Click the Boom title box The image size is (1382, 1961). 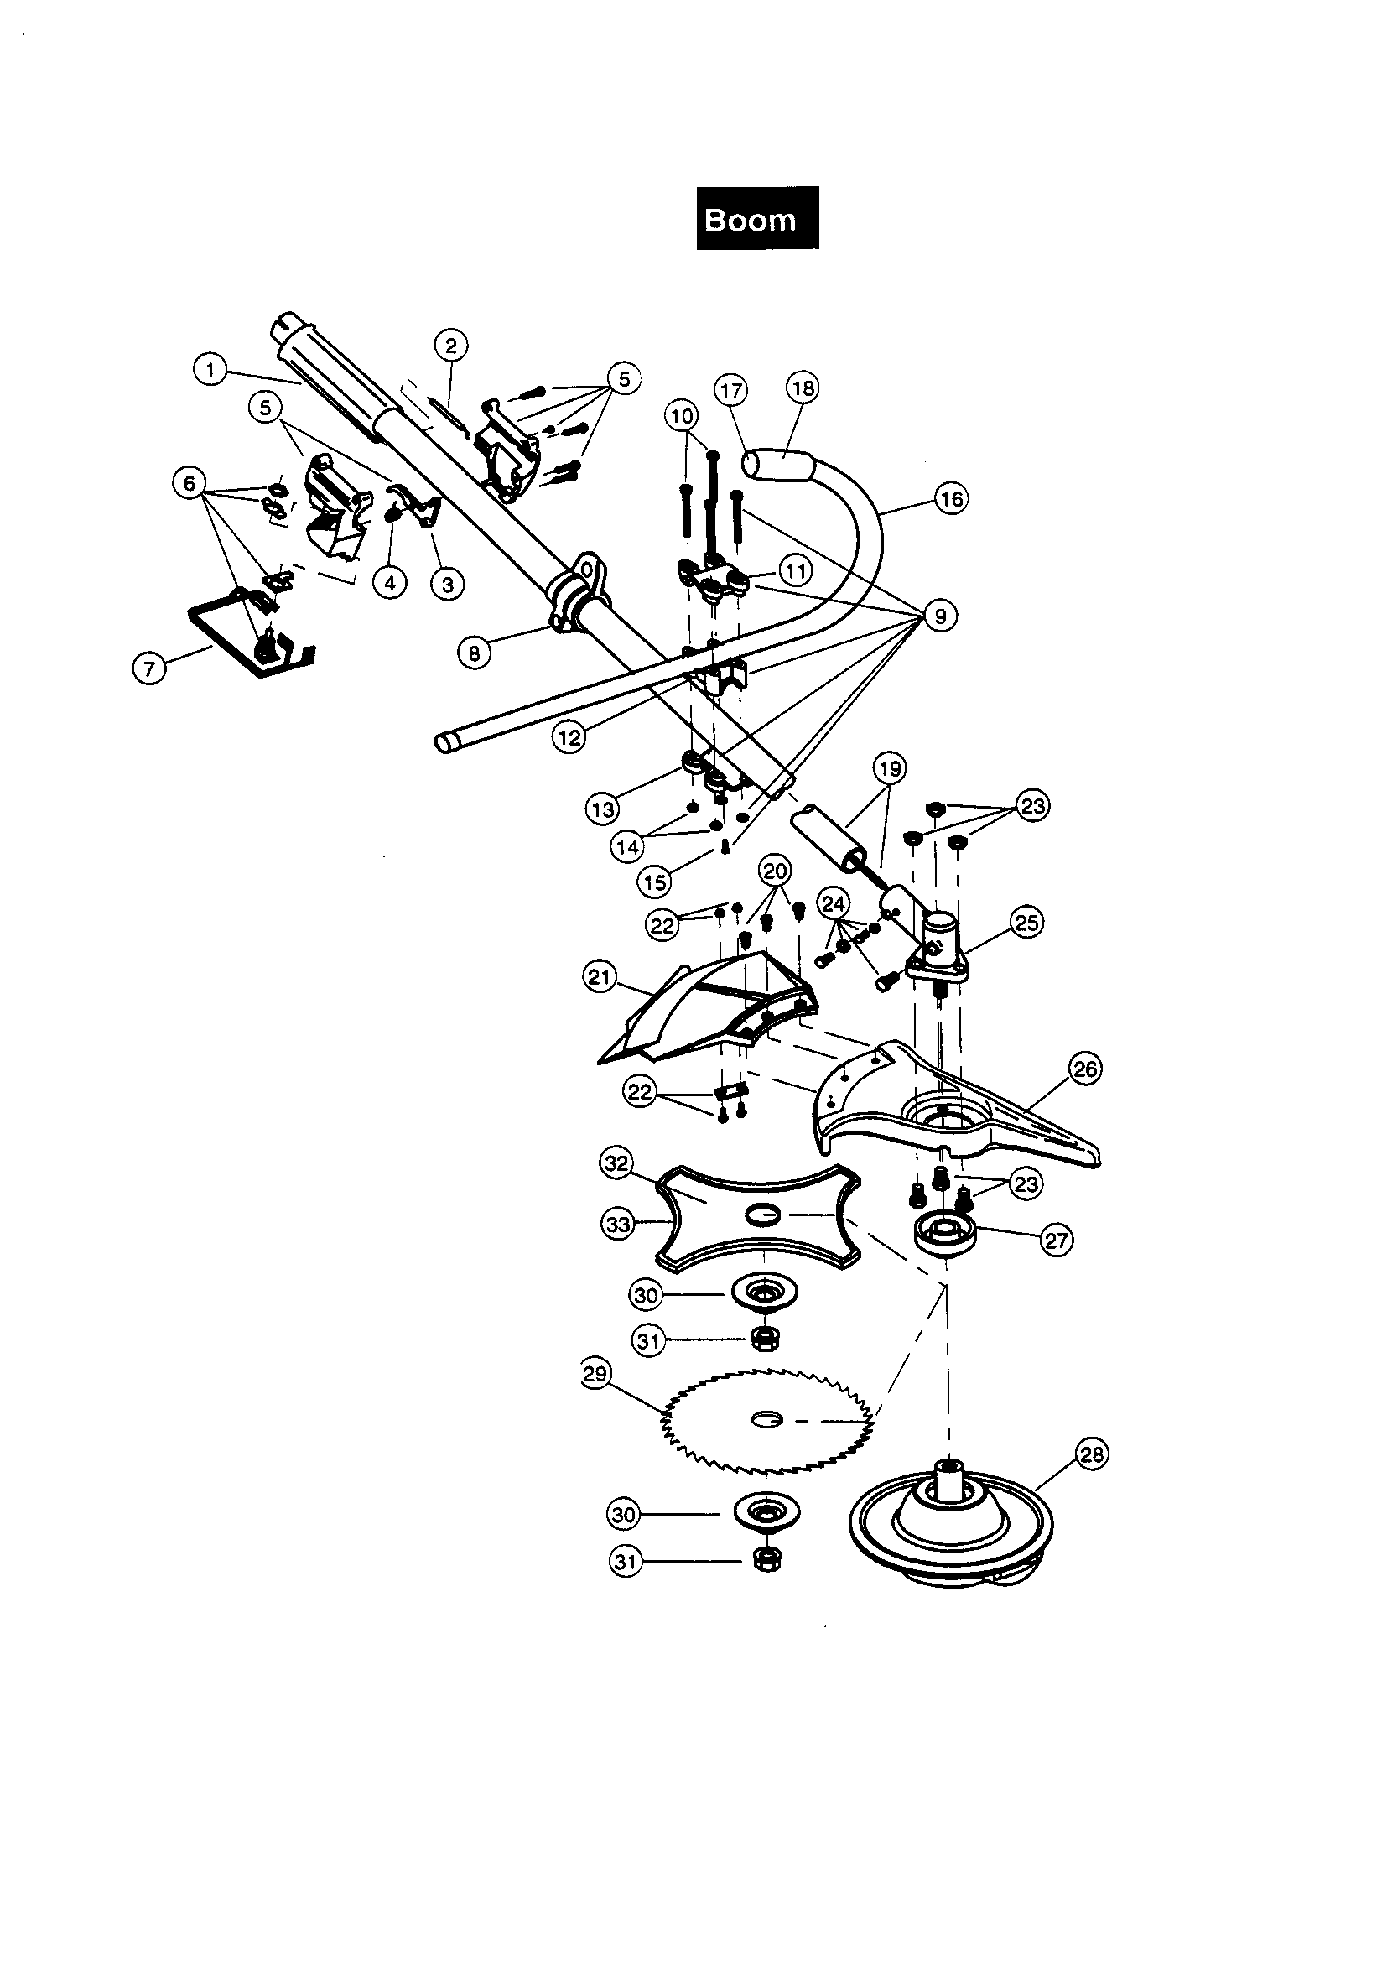(x=756, y=219)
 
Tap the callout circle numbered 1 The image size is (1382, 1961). (x=210, y=370)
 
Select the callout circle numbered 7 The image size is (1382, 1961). (x=149, y=667)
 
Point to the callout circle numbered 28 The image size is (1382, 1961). (x=1092, y=1454)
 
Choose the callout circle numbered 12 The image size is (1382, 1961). (x=568, y=736)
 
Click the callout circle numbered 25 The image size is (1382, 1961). (x=1026, y=923)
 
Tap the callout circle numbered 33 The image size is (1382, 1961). (x=617, y=1224)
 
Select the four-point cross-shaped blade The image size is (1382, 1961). (x=758, y=1217)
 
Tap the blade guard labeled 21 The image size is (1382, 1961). (x=709, y=1012)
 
